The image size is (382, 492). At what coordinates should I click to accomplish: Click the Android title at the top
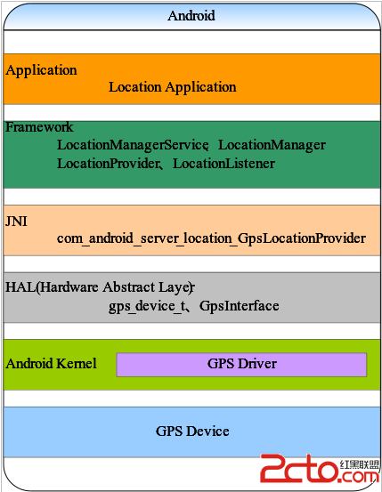pos(191,16)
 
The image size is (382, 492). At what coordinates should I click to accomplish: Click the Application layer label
pos(41,70)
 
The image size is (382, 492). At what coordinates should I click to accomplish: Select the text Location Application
pos(173,87)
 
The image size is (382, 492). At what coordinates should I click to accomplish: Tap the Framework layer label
pos(39,127)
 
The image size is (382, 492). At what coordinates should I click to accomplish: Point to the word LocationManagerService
pos(133,145)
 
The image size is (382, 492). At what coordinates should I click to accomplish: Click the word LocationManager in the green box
pos(272,145)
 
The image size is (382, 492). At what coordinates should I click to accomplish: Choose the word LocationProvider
pos(108,164)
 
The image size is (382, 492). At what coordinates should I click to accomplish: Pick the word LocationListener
pos(224,164)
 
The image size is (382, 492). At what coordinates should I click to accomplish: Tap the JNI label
pos(16,222)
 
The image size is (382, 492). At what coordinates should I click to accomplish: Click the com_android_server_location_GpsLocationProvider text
pos(211,238)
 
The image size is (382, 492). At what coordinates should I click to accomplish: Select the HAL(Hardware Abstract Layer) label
pos(100,287)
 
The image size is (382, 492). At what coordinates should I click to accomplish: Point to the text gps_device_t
pos(147,306)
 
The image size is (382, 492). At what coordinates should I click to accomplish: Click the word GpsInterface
pos(239,306)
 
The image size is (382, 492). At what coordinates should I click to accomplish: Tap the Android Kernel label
pos(51,364)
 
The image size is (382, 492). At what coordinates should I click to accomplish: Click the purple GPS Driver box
pos(241,364)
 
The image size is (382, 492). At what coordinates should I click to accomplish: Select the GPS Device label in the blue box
pos(192,432)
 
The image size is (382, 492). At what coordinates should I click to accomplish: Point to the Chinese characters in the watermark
pos(360,464)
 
